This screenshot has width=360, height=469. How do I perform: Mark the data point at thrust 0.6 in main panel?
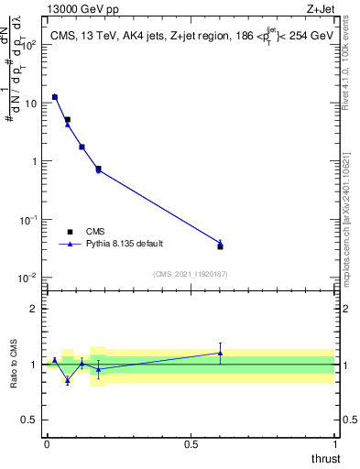point(220,245)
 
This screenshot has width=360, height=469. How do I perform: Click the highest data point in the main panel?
point(55,96)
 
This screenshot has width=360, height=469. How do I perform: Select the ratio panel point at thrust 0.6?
point(220,353)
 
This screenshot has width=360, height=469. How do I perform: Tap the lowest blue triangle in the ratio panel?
point(67,379)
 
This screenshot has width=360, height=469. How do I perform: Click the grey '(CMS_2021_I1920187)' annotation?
point(191,273)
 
